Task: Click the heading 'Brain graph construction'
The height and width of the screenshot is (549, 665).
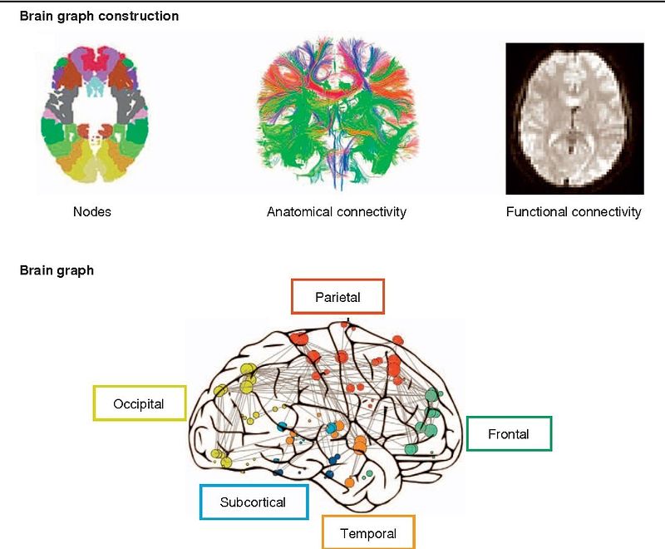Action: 99,16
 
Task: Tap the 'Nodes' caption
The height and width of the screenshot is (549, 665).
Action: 91,212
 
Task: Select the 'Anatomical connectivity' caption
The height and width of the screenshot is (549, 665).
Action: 336,212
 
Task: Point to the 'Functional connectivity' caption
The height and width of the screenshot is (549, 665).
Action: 574,212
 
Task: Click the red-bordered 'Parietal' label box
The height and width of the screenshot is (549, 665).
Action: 337,297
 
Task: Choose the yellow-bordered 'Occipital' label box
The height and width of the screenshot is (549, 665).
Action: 140,404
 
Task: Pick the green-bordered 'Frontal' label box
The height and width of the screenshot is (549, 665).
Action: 509,433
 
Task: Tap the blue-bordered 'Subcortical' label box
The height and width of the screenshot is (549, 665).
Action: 253,502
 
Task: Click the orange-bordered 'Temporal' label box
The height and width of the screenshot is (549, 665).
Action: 367,533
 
